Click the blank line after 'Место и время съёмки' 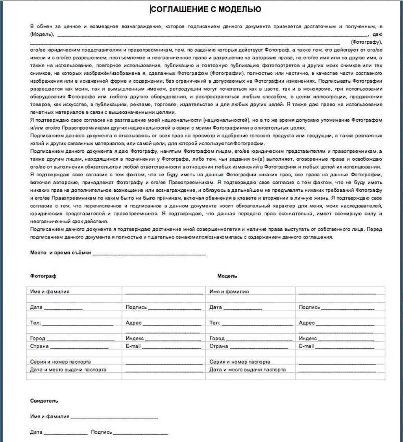coord(149,254)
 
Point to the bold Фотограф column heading coord(43,276)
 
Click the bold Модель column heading coord(227,276)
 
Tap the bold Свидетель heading coord(44,401)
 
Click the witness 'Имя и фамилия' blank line coord(114,418)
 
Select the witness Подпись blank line coord(140,433)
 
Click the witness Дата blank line coord(66,433)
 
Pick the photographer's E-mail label coord(133,346)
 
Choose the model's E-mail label coord(306,346)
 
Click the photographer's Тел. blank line coord(78,324)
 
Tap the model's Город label coord(217,338)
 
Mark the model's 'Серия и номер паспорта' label coord(240,362)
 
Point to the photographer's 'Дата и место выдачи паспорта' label coord(68,370)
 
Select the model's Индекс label coord(308,338)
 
